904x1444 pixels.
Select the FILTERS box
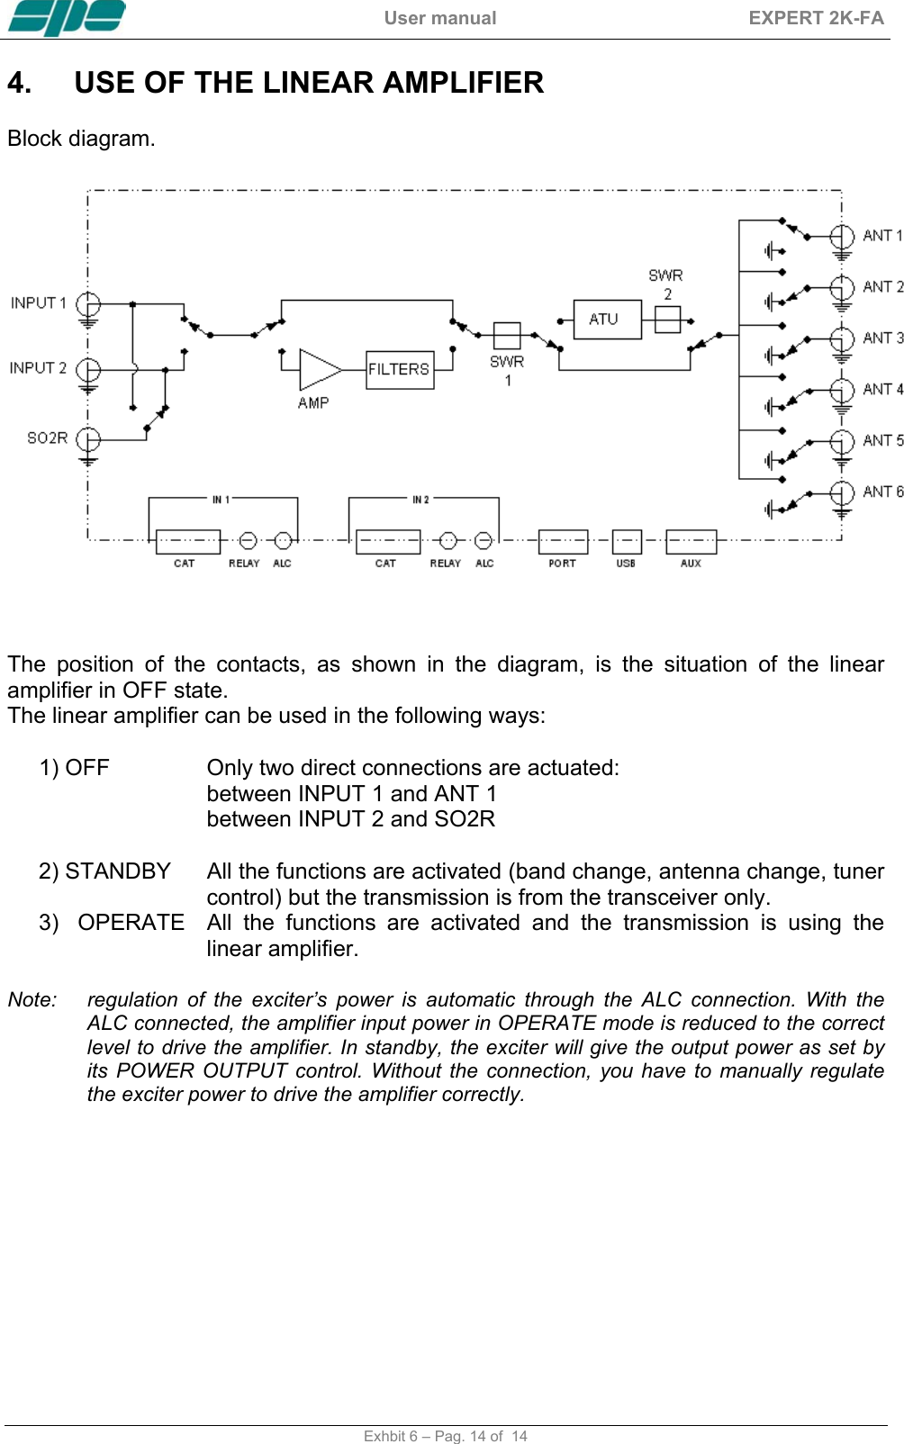399,369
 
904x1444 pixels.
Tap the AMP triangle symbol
318,369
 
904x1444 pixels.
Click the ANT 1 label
881,236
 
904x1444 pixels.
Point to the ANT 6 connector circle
842,492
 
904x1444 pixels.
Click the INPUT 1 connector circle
88,303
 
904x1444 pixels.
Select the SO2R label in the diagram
47,438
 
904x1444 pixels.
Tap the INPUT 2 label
38,368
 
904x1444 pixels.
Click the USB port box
627,541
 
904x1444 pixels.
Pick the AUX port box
691,541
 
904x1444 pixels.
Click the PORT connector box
563,541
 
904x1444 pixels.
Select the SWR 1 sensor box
507,336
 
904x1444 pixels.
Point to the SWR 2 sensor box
667,319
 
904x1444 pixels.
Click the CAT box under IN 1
187,541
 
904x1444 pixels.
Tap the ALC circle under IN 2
484,540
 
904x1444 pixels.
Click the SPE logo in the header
67,18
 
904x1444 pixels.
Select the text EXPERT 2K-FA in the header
816,18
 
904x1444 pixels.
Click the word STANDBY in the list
117,871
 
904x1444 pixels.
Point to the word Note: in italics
32,1000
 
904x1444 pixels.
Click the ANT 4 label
882,390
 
